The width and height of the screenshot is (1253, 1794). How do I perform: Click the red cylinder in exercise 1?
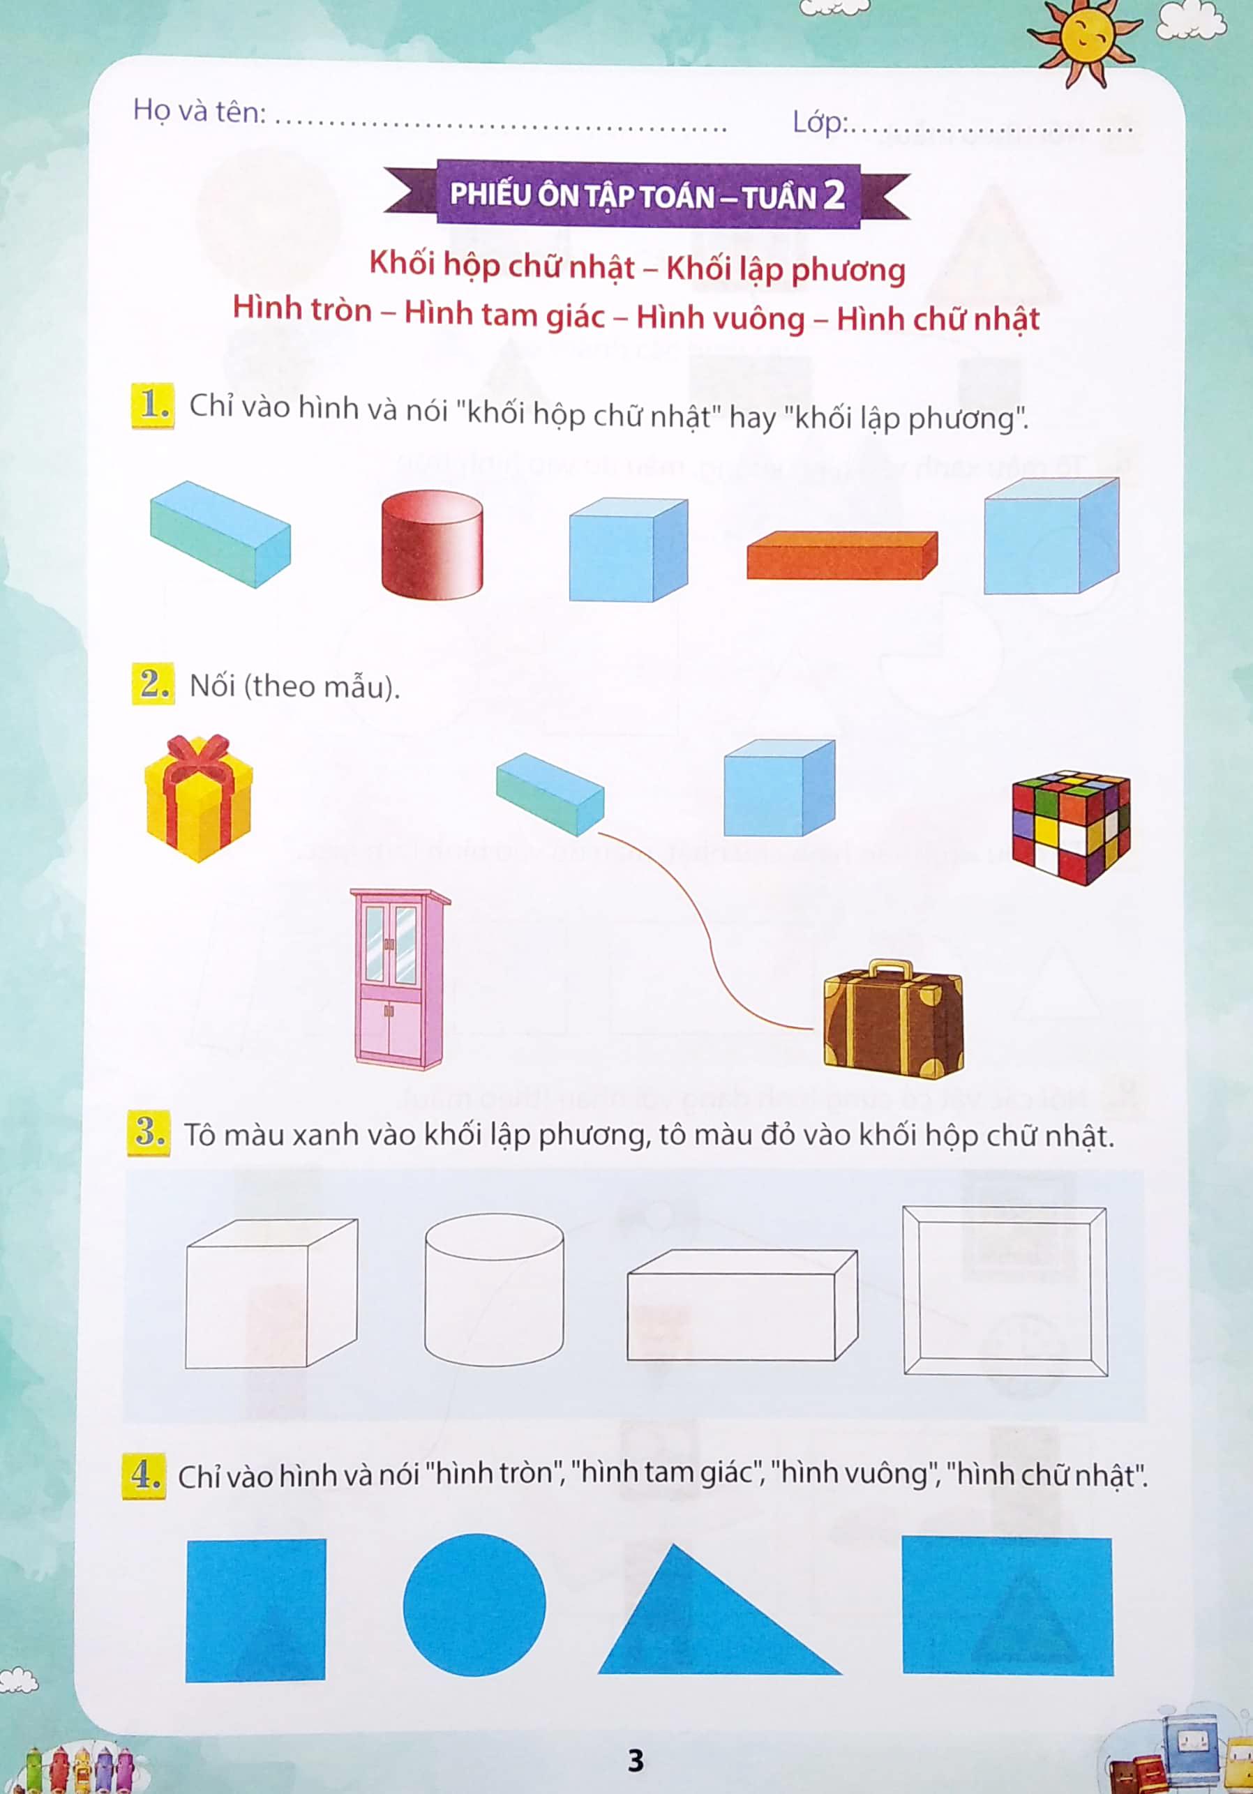click(x=431, y=544)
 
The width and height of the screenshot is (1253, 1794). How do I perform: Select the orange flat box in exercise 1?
click(x=842, y=555)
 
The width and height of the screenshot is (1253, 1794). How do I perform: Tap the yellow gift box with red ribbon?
click(x=199, y=798)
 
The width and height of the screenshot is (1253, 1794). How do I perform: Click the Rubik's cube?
click(x=1071, y=827)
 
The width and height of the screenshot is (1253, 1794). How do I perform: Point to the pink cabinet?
click(x=400, y=979)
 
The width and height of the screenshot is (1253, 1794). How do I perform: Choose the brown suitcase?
click(x=894, y=1020)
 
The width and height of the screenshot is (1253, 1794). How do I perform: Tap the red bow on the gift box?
click(x=200, y=755)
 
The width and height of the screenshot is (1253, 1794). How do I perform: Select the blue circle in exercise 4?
click(x=474, y=1605)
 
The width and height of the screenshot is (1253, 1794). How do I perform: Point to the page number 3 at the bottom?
click(x=636, y=1761)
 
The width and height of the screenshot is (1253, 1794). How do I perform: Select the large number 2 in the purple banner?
click(x=834, y=195)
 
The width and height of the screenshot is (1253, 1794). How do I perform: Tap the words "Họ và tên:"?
click(x=200, y=111)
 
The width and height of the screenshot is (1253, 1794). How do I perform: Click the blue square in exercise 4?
click(x=255, y=1610)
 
